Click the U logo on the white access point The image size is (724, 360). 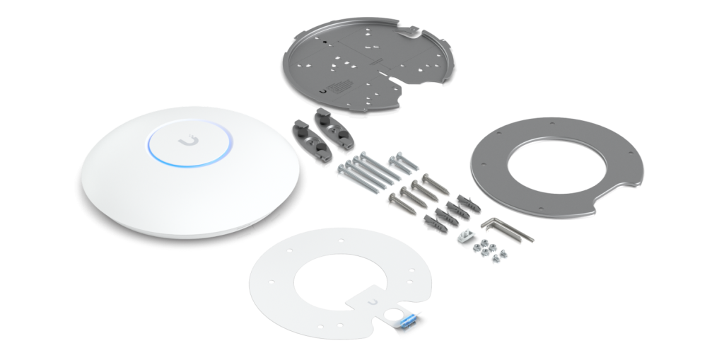[187, 141]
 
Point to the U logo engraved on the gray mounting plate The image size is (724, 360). [323, 90]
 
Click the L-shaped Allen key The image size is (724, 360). [506, 228]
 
